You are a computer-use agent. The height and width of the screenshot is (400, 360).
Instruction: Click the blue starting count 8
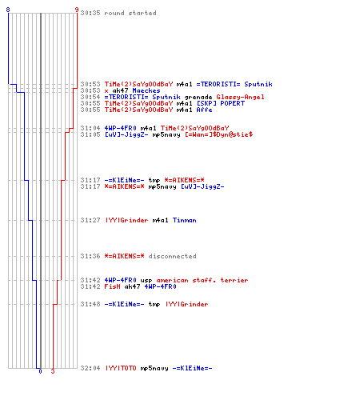coord(8,10)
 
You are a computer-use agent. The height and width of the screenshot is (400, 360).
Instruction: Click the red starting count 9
coord(77,10)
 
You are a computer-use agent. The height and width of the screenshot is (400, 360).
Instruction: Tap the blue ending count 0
coord(40,371)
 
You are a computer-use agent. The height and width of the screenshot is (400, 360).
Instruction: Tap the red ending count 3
coord(53,371)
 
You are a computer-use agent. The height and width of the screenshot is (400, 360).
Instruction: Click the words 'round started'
coord(130,13)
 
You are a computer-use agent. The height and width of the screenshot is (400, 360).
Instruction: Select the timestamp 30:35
coord(90,13)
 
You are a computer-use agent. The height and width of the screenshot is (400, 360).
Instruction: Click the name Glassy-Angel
coord(240,97)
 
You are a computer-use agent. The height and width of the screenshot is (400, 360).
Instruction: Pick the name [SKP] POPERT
coord(221,103)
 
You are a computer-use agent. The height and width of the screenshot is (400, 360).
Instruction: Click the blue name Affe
coord(204,110)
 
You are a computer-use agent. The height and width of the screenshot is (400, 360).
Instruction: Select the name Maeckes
coord(146,90)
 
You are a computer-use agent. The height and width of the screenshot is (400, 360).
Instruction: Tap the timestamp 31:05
coord(90,134)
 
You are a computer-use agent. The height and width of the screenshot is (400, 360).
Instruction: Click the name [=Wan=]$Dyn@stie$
coord(219,134)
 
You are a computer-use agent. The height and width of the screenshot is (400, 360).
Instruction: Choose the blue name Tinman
coord(184,220)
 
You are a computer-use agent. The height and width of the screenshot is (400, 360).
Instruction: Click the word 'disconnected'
coord(172,256)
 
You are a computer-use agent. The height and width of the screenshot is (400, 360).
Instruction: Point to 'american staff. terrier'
coord(202,280)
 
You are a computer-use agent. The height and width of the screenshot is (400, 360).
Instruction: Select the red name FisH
coord(112,286)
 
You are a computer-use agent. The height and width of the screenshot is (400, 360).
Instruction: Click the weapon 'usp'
coord(146,281)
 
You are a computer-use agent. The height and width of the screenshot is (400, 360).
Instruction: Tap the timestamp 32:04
coord(90,368)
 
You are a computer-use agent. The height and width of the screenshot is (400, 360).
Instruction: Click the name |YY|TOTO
coord(121,368)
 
